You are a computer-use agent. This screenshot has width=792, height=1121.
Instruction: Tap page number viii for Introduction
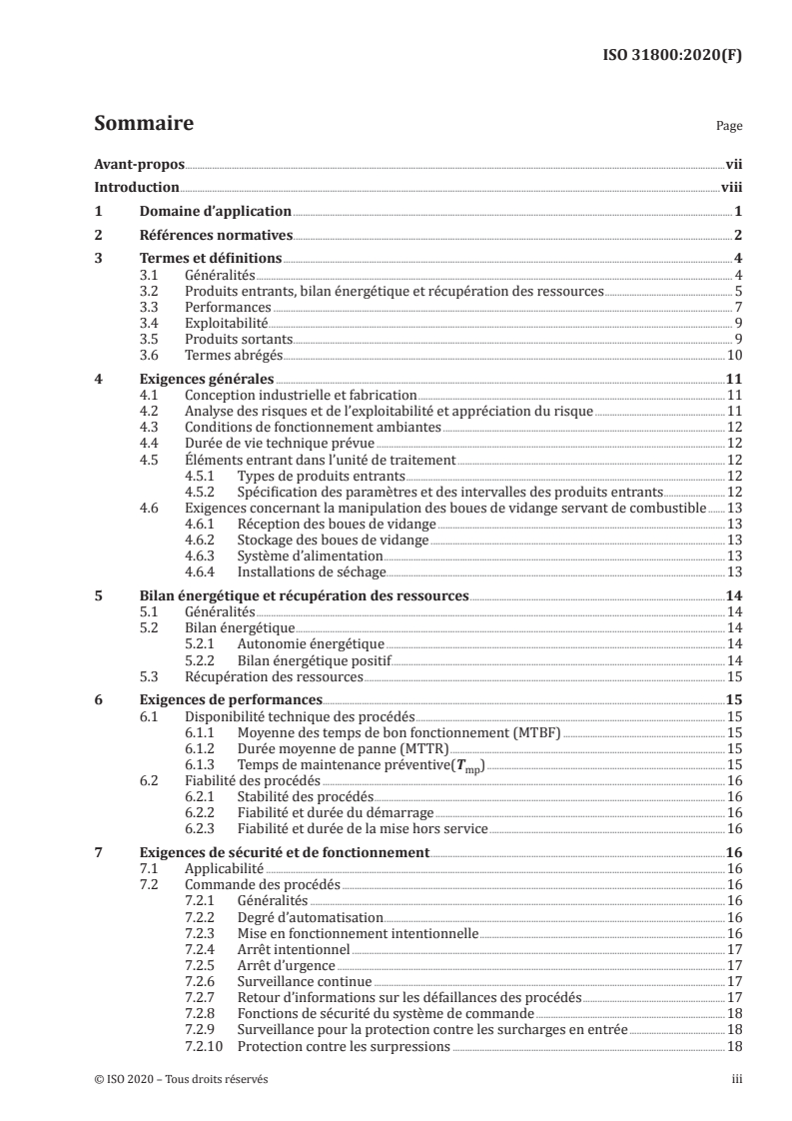731,187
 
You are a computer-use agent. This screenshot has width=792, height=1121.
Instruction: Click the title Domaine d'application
215,211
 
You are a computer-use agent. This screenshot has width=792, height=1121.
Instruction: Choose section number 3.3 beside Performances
149,306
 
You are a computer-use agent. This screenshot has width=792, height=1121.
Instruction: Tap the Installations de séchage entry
311,571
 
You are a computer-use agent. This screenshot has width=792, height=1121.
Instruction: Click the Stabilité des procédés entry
304,796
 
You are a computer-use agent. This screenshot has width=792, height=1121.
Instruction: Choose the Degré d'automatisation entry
309,917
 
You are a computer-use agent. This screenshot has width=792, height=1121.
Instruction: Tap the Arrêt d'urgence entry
286,965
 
